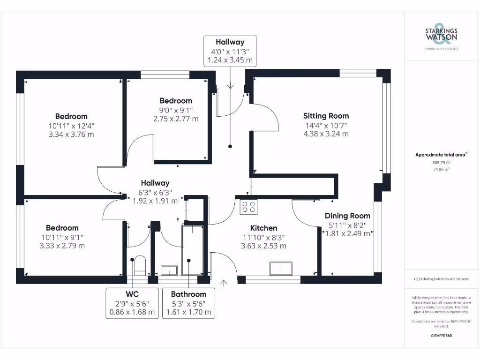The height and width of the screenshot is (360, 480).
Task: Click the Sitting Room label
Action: pos(326,116)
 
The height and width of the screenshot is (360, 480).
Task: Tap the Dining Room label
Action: pos(347,216)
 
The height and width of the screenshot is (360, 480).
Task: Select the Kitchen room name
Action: pos(263,228)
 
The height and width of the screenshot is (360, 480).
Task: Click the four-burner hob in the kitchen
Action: pos(248,207)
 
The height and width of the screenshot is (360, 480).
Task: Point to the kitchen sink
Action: pos(281,269)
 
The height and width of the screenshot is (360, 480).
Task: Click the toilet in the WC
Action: pos(140,265)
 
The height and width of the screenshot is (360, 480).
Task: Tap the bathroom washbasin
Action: pos(169,270)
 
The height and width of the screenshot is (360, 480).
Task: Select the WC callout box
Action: pos(132,303)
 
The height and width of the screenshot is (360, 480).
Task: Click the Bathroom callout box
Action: pos(188,303)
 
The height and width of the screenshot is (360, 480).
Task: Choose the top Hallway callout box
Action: pos(230,51)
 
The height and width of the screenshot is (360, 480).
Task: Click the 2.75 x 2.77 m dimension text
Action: pos(176,119)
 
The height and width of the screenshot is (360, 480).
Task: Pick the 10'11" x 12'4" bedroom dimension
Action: pos(71,126)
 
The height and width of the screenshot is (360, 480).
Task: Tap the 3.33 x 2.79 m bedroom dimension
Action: pos(62,246)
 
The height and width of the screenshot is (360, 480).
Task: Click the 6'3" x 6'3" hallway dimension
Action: pos(155,193)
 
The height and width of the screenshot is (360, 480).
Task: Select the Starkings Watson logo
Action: pos(441,36)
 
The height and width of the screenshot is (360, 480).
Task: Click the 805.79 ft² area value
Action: pos(441,163)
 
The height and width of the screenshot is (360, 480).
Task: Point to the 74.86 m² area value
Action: pos(441,169)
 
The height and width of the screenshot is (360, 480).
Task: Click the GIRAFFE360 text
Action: pos(441,336)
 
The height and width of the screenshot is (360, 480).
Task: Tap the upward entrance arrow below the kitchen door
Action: pos(224,284)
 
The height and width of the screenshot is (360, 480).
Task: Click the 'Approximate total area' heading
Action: pos(441,155)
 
